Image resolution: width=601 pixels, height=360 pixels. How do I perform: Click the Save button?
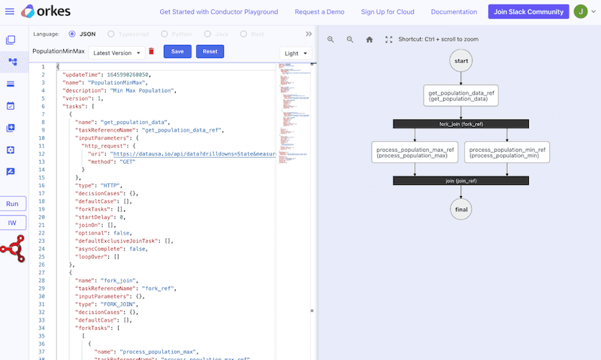177,51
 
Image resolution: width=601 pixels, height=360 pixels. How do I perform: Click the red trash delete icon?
151,51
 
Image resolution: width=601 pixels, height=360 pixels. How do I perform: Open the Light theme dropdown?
295,53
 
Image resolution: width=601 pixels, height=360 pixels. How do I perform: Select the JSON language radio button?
72,34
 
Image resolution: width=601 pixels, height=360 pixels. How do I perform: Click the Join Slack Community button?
528,12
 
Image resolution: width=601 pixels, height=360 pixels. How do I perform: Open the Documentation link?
455,12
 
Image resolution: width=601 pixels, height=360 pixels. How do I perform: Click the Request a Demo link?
319,12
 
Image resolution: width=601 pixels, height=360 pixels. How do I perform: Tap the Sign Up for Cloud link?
388,12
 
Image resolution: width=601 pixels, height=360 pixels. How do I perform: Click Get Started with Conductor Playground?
219,12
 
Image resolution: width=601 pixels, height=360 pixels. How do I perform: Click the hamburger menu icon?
10,12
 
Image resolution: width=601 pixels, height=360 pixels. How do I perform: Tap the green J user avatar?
581,12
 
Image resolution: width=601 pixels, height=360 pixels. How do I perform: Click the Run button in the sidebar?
13,204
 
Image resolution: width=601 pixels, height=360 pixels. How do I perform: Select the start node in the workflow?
461,61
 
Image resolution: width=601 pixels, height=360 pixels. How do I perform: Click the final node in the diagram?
461,210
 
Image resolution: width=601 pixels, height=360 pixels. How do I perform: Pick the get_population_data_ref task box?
461,95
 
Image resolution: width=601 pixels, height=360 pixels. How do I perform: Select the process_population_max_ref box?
415,153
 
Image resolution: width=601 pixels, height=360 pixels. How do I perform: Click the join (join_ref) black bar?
461,181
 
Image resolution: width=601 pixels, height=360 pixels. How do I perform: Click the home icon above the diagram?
369,39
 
